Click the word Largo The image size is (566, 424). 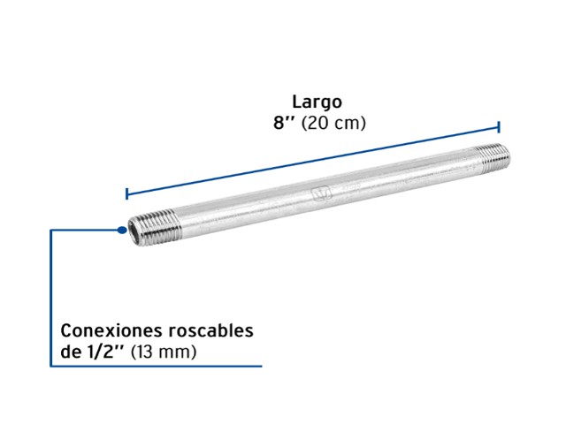pos(317,102)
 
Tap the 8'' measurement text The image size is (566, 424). pos(283,123)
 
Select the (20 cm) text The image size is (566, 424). pos(333,123)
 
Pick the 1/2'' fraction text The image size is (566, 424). pos(104,352)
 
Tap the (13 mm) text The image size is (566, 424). pos(164,352)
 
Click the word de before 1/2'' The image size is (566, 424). pos(70,352)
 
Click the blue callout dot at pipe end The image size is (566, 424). pos(122,230)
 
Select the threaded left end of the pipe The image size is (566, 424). pos(156,228)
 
